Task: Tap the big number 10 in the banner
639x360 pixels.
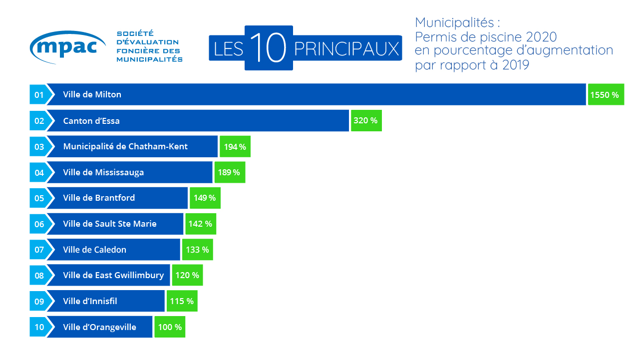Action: [x=269, y=48]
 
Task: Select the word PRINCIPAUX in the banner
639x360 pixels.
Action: [x=346, y=49]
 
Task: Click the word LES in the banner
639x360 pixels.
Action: [x=228, y=49]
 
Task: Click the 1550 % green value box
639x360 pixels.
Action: [x=606, y=95]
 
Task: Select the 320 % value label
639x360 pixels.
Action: [x=366, y=121]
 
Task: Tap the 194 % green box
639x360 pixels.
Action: [x=235, y=147]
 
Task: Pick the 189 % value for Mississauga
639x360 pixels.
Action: [x=230, y=173]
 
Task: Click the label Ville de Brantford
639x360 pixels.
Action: [x=99, y=198]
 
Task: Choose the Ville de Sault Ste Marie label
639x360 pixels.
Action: [x=109, y=224]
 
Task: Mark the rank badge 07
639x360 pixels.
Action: [x=39, y=250]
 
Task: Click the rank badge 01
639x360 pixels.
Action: [x=39, y=95]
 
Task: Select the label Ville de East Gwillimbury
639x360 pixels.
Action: [x=113, y=275]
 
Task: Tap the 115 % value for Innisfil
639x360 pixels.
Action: [x=182, y=301]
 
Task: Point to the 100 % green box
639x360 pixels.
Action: [x=170, y=327]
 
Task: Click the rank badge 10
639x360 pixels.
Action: [x=39, y=327]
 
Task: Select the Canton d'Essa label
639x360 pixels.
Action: [x=91, y=121]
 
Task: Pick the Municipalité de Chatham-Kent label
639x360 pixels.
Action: [x=125, y=147]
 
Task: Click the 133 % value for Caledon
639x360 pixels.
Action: [x=197, y=250]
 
